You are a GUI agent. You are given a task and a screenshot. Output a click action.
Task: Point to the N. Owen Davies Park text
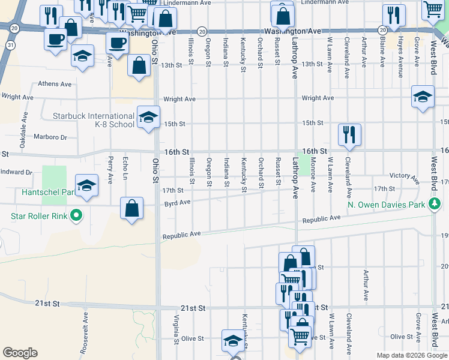point(386,205)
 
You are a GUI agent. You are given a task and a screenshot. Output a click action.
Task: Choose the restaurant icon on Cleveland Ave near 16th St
point(349,135)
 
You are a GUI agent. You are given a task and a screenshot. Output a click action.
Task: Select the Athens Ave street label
point(55,84)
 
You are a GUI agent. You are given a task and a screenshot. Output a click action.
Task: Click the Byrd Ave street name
point(177,203)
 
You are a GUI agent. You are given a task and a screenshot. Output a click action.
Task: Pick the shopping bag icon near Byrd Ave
point(132,209)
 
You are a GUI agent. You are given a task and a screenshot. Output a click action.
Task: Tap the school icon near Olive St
point(233,341)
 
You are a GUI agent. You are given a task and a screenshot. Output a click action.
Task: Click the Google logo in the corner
point(20,352)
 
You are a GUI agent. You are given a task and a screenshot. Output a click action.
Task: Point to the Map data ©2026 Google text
point(411,355)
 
